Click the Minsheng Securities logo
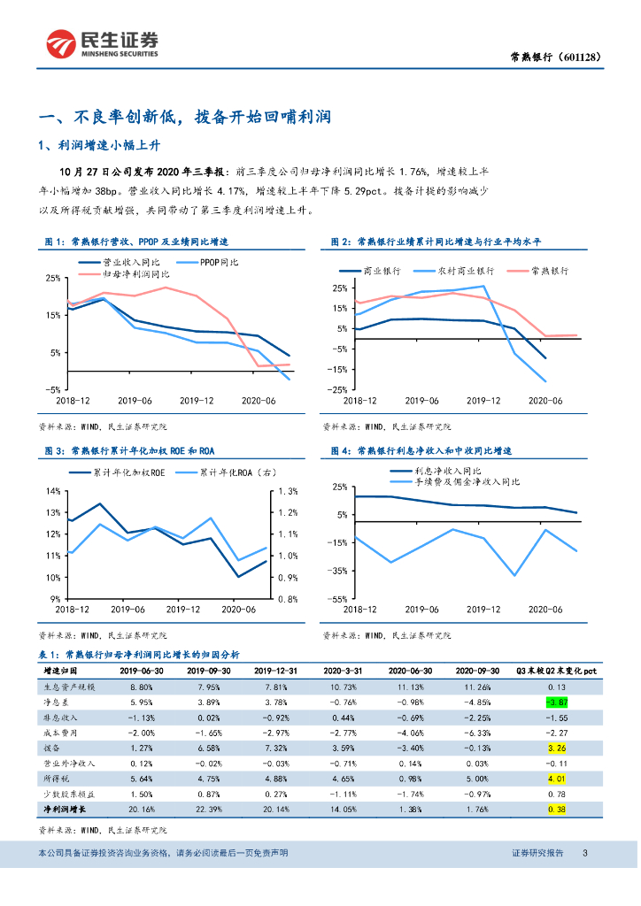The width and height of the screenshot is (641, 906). (x=102, y=42)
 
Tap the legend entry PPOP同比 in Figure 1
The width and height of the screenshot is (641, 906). (x=219, y=262)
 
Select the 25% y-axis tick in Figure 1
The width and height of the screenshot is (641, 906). (x=52, y=279)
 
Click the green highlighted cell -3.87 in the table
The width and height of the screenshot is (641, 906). (x=556, y=702)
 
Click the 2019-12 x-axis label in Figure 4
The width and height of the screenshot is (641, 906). (x=483, y=609)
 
